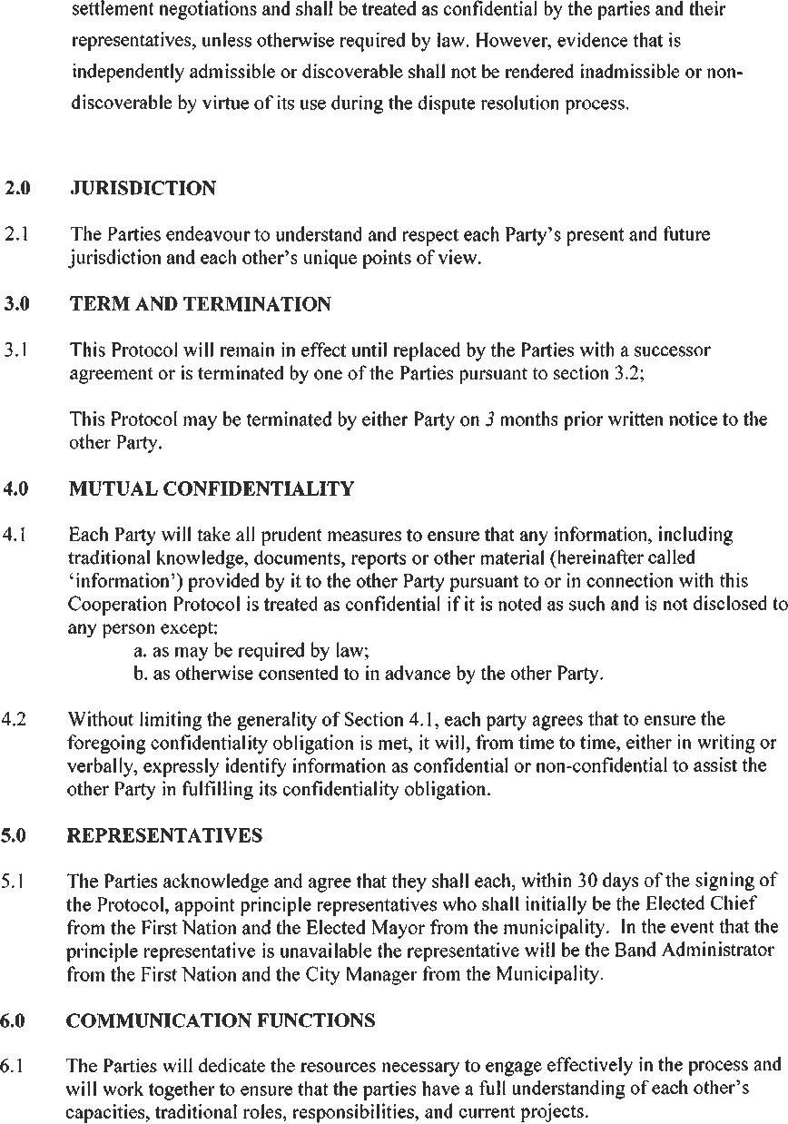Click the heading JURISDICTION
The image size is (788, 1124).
pyautogui.click(x=143, y=189)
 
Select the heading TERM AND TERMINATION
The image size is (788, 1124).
pyautogui.click(x=200, y=304)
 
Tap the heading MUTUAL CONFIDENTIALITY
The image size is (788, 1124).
pyautogui.click(x=211, y=489)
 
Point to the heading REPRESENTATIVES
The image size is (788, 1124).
pyautogui.click(x=164, y=835)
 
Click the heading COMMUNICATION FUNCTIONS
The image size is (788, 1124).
pyautogui.click(x=221, y=1020)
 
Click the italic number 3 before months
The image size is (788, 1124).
pyautogui.click(x=488, y=420)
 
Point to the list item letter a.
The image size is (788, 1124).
pyautogui.click(x=138, y=651)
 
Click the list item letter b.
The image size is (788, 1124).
pyautogui.click(x=138, y=674)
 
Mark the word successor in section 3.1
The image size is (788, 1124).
pyautogui.click(x=674, y=350)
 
